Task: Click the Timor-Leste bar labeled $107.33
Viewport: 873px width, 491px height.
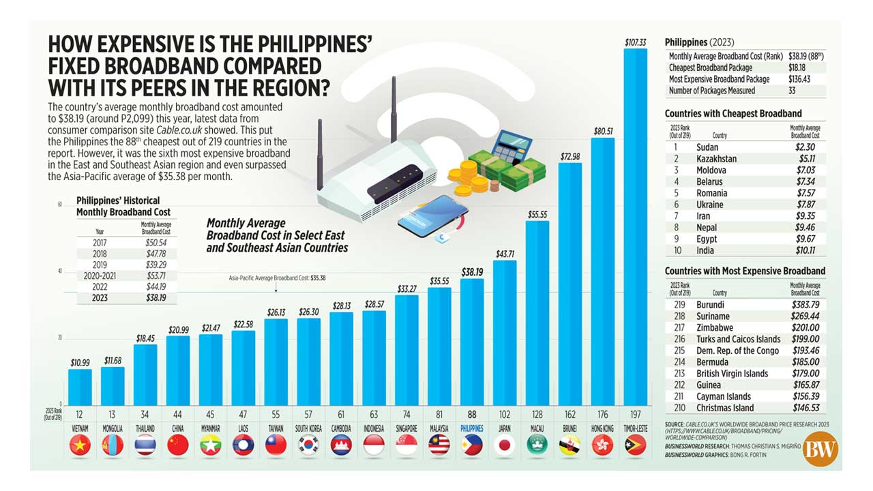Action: [636, 225]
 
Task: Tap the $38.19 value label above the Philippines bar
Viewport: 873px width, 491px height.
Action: [472, 271]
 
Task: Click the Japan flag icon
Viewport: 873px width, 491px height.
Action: [505, 445]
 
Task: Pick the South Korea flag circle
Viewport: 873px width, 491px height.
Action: [308, 445]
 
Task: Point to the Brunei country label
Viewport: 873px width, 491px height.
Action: [570, 428]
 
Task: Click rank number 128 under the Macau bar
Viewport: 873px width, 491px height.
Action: [537, 413]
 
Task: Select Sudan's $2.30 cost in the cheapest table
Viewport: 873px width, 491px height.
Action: [805, 147]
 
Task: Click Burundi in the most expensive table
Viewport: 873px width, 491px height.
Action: [710, 305]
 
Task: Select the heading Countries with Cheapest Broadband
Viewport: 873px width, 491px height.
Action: [733, 113]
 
